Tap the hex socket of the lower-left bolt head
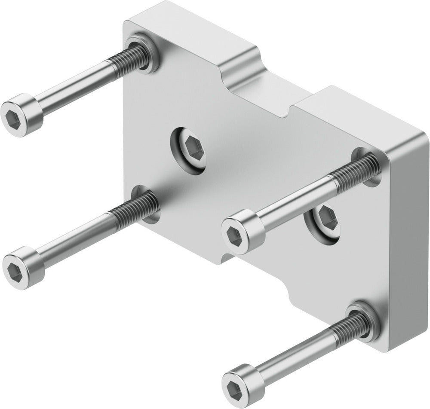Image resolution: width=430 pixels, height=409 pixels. click(x=14, y=270)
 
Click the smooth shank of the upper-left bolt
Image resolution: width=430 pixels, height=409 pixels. click(x=73, y=88)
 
